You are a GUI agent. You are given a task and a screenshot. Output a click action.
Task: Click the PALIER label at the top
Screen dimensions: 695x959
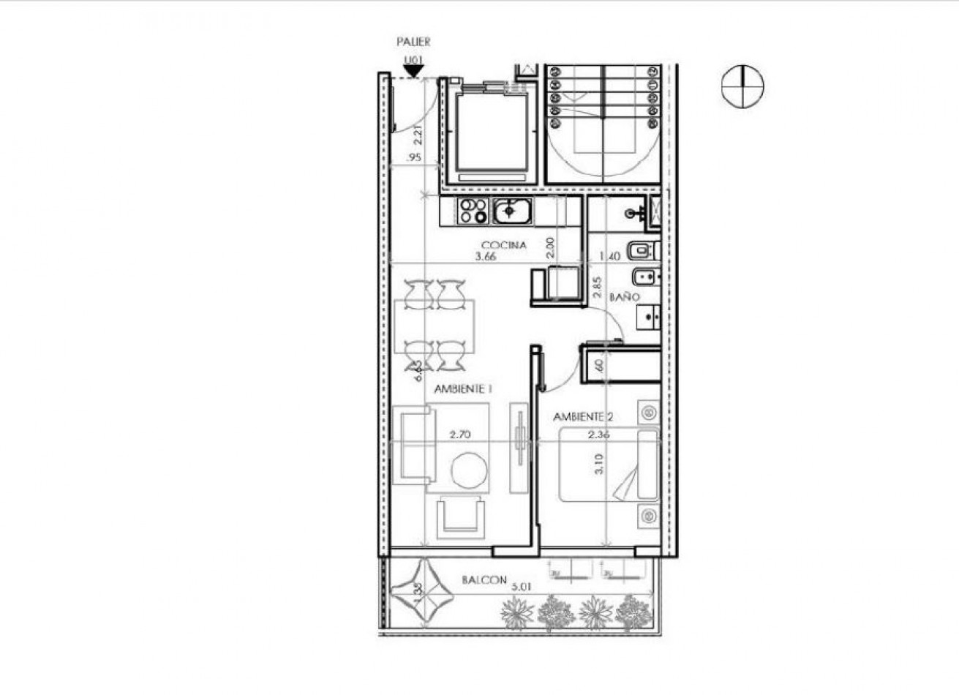point(413,42)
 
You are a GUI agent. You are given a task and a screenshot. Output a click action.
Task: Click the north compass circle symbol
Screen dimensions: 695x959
point(742,86)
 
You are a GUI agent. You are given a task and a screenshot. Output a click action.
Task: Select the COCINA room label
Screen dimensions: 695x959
point(503,245)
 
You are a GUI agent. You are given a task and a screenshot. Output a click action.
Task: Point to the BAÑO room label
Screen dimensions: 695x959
point(625,298)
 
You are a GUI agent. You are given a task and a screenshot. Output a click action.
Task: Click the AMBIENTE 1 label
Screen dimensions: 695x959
point(462,390)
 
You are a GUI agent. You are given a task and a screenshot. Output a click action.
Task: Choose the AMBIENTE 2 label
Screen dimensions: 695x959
point(583,417)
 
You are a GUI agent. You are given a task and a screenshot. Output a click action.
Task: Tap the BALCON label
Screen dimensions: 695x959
point(484,580)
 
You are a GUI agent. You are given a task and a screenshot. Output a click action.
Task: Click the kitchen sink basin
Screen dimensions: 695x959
point(510,212)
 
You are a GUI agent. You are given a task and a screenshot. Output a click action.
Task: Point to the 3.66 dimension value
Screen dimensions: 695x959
point(486,257)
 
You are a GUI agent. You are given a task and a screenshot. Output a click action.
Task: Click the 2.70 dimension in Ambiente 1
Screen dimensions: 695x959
point(460,434)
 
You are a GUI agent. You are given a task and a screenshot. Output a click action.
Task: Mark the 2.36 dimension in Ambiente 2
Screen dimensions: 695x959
point(599,434)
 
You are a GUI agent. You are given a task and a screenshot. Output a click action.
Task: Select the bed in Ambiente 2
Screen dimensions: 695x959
point(609,465)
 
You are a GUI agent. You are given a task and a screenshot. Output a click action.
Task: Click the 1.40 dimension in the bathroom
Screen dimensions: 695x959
point(609,257)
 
